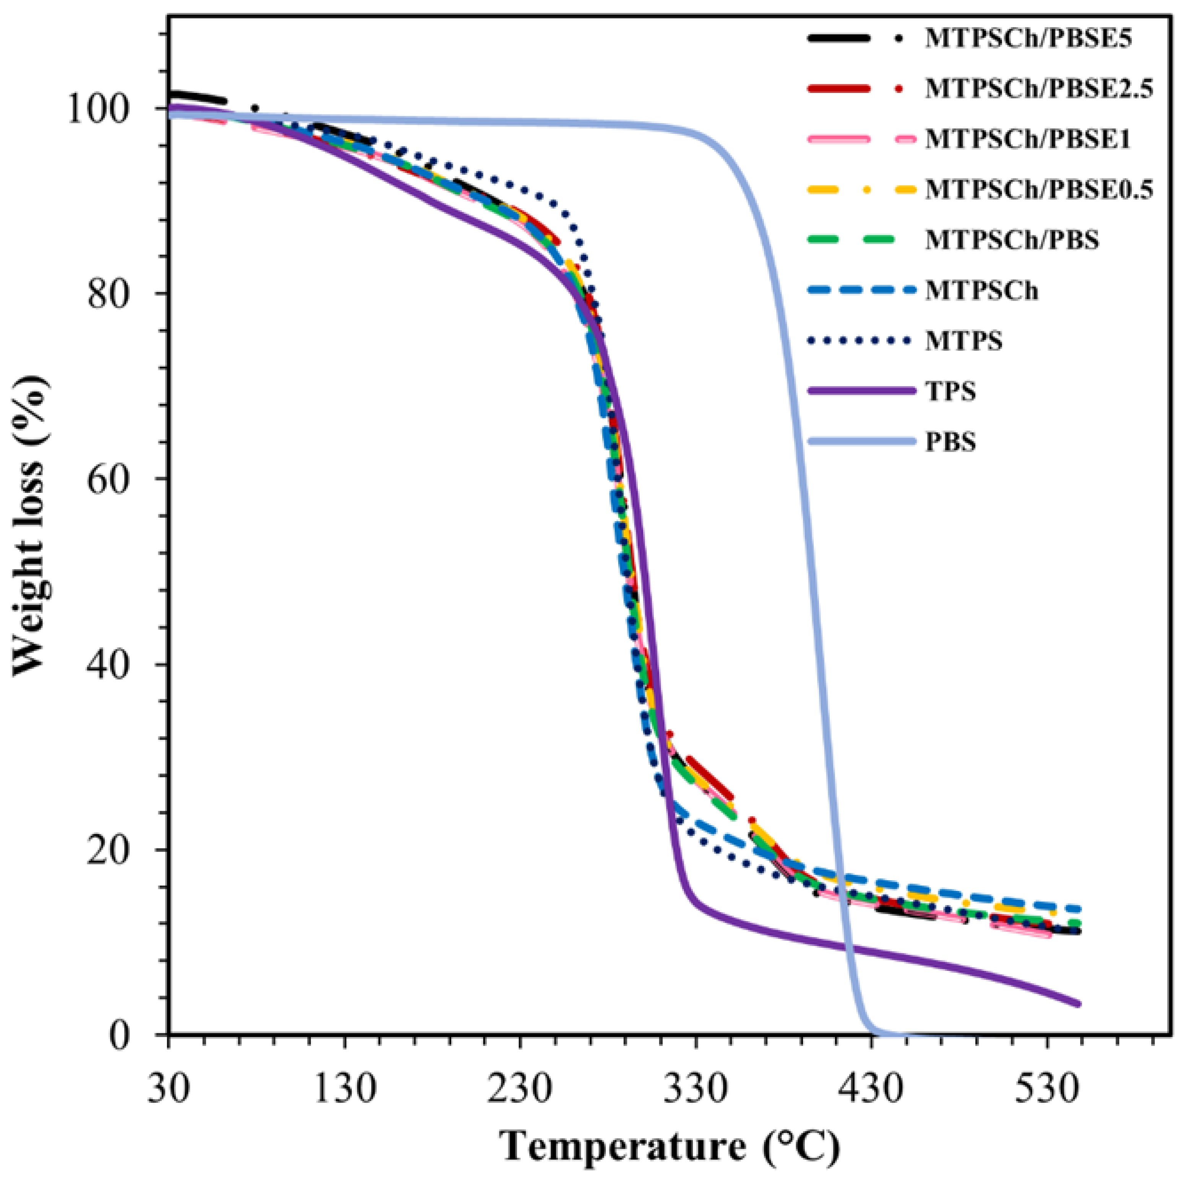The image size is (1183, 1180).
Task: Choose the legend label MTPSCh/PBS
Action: (1012, 240)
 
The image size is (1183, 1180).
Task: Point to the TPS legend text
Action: (950, 391)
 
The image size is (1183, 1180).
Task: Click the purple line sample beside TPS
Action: (860, 391)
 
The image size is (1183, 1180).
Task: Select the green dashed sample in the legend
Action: (860, 240)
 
